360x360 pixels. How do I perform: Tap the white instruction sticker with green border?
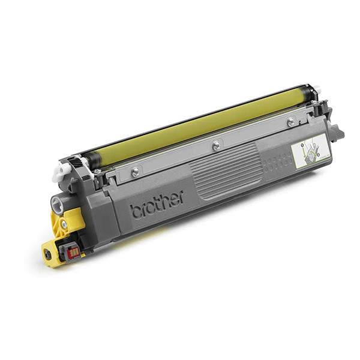point(311,151)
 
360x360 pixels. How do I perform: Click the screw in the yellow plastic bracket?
point(64,224)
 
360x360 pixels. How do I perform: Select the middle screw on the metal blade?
point(215,145)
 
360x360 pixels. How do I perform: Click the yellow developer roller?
point(198,123)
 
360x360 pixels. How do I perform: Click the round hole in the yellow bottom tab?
point(48,255)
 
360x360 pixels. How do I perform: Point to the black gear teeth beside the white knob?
point(75,163)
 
